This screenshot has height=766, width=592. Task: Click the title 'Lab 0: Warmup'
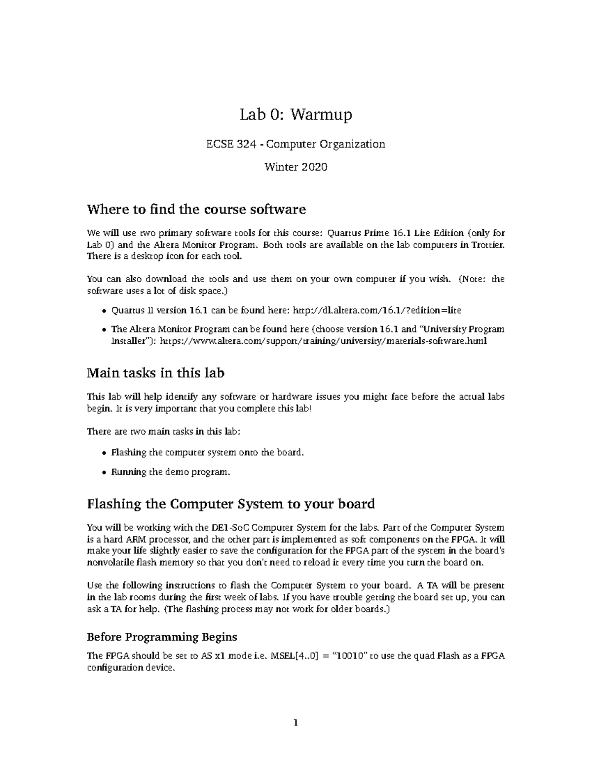point(296,115)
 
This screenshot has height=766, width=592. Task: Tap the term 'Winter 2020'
point(296,167)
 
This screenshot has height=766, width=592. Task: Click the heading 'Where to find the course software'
point(196,209)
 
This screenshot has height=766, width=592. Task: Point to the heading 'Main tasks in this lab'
point(155,373)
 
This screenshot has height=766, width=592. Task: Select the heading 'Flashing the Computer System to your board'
point(230,504)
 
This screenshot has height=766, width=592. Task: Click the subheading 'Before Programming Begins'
point(162,637)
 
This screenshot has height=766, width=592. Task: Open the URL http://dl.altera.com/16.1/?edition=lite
point(377,310)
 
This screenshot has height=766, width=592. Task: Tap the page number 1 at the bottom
point(296,724)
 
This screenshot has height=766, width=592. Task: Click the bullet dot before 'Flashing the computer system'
point(103,453)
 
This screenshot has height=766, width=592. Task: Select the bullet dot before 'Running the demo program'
point(103,473)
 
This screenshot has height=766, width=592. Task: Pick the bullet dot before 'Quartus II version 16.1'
point(103,311)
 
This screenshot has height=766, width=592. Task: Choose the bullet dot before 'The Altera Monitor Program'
point(103,329)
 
